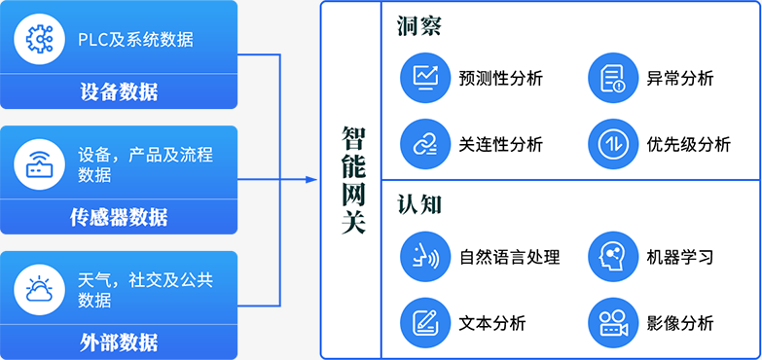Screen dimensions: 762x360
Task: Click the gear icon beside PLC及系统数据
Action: [x=39, y=39]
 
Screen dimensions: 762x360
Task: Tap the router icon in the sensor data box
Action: [x=39, y=164]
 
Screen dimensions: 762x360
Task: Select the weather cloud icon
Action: [x=39, y=290]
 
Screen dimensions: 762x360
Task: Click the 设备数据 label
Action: [x=119, y=91]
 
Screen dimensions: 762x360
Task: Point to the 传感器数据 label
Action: [x=119, y=217]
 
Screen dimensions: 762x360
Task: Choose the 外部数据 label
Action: [x=119, y=342]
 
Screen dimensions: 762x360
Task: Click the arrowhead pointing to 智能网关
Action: [x=311, y=180]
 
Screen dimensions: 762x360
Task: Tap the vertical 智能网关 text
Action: [x=353, y=180]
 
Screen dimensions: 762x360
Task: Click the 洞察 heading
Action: [x=418, y=25]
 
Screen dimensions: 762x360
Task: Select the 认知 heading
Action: [x=418, y=205]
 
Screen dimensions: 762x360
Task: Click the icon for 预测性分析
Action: [x=425, y=78]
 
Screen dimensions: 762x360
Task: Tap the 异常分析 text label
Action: [x=680, y=78]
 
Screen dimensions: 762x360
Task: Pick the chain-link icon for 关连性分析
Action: [x=425, y=144]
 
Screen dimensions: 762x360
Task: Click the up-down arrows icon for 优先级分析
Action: [x=613, y=144]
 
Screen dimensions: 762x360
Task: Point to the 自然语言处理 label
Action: [x=509, y=257]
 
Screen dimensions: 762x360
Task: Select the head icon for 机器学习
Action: [x=613, y=257]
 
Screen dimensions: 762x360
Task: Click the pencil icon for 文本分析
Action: [x=425, y=323]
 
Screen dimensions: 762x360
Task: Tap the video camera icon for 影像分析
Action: [x=613, y=323]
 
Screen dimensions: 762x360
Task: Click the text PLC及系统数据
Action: [x=135, y=39]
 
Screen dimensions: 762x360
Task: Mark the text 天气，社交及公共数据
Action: [x=145, y=290]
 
